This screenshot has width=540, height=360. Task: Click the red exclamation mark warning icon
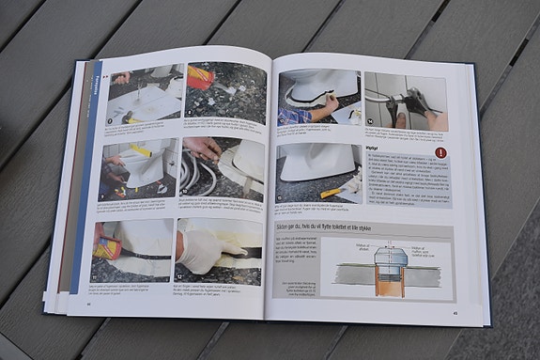point(440,152)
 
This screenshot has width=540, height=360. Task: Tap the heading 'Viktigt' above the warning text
point(372,148)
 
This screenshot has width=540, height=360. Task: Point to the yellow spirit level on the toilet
point(141,150)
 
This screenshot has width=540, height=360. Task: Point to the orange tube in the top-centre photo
point(200,77)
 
